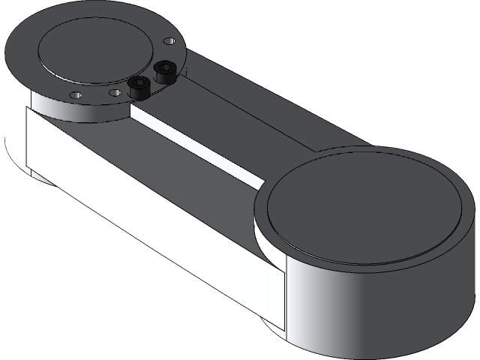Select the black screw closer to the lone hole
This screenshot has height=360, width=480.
pos(163,73)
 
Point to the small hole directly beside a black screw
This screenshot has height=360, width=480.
pos(115,93)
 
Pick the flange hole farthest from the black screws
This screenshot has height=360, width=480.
pos(75,94)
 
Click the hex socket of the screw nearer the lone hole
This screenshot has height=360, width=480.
pos(163,68)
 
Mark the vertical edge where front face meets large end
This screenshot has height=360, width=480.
pos(286,300)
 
